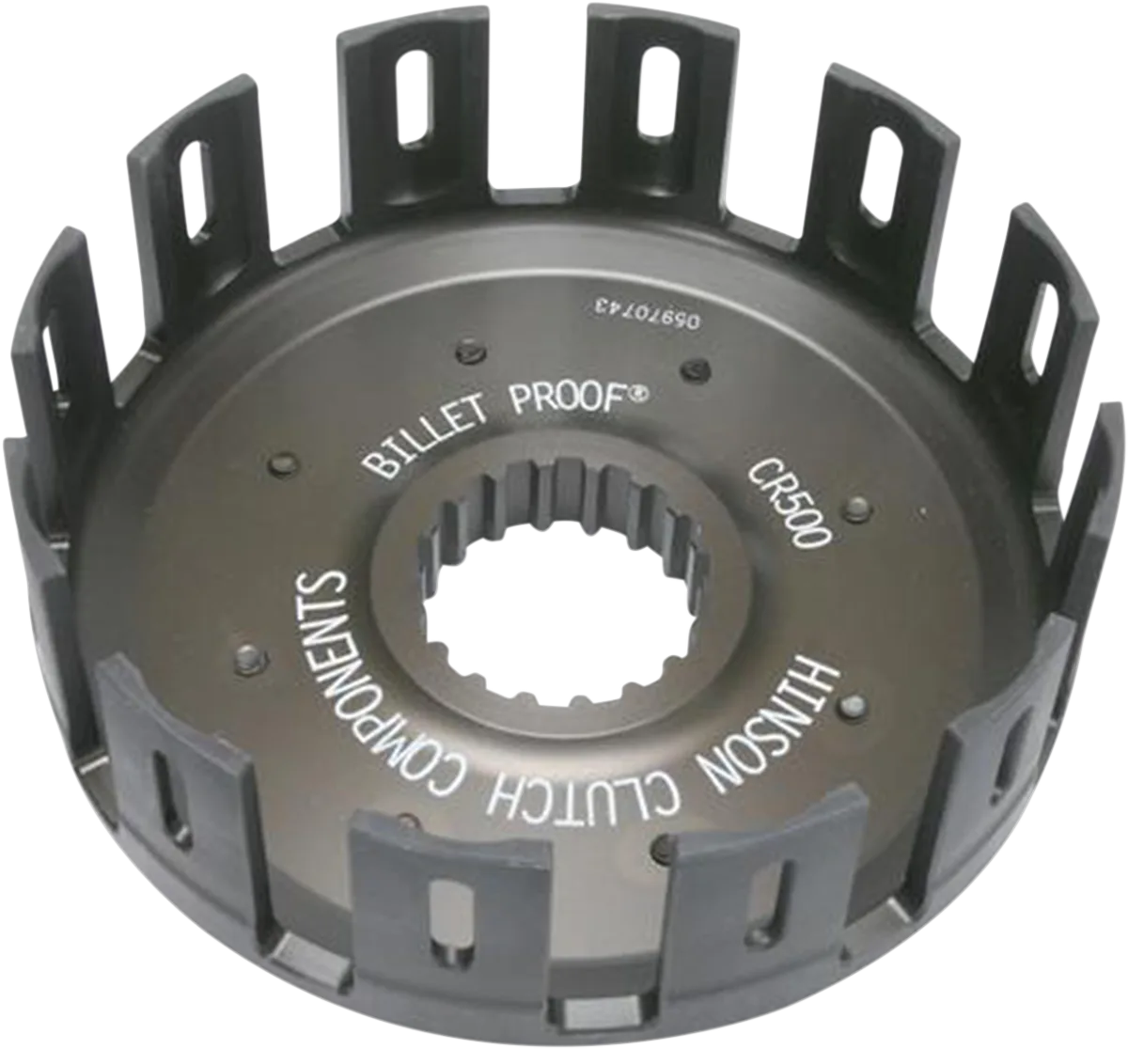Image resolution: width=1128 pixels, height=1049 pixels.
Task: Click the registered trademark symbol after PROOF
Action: pyautogui.click(x=640, y=393)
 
